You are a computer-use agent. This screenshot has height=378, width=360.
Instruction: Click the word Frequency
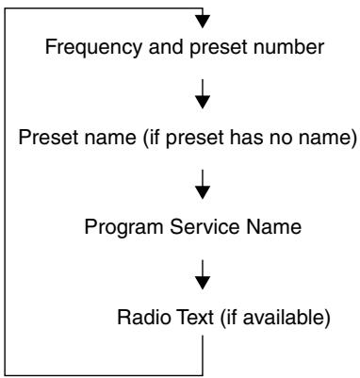(x=93, y=48)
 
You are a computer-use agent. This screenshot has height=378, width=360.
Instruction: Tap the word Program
(x=123, y=228)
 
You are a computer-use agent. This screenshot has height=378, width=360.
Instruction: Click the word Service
(x=205, y=227)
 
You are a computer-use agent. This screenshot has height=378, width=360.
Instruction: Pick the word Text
(x=195, y=317)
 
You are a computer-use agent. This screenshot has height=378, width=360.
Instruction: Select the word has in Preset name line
(x=246, y=138)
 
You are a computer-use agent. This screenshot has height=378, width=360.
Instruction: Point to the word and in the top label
(x=166, y=47)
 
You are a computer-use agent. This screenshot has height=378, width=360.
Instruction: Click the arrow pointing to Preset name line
(x=203, y=94)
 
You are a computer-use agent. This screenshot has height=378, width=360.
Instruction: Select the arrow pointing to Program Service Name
(x=203, y=185)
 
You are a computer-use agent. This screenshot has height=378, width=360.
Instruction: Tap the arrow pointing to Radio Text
(x=203, y=274)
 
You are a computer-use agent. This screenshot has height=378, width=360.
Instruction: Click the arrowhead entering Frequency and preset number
(x=203, y=22)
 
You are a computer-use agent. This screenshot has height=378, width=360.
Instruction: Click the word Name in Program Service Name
(x=274, y=227)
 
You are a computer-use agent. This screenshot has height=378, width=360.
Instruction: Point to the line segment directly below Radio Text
(x=203, y=355)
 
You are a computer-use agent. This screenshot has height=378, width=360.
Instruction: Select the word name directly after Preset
(x=107, y=138)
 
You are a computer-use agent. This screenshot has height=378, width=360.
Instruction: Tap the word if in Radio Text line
(x=227, y=318)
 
